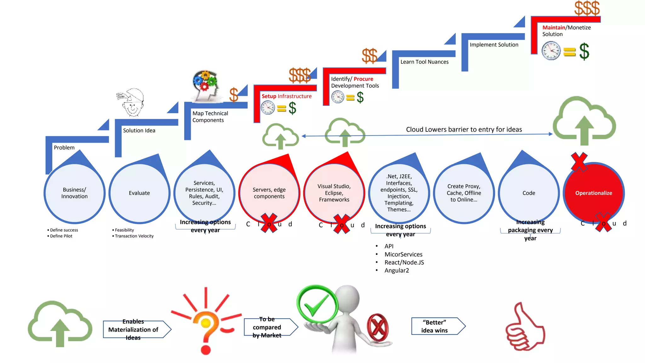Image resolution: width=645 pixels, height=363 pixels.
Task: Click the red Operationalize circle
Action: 594,193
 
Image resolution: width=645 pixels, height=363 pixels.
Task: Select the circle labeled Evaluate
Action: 139,193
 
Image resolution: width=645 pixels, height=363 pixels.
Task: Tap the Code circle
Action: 528,193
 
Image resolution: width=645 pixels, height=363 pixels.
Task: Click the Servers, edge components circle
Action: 269,193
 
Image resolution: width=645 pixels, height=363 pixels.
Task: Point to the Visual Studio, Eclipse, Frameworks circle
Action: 334,193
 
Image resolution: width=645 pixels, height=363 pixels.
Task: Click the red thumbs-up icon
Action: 524,328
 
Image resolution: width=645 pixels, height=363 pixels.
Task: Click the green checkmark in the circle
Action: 317,304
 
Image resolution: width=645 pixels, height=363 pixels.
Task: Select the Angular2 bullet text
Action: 397,270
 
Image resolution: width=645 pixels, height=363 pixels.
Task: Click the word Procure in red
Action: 363,79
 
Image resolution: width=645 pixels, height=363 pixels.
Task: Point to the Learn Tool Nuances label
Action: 424,62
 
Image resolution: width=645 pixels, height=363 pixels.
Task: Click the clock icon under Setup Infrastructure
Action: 268,108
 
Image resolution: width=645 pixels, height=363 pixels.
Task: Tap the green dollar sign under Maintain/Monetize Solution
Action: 584,51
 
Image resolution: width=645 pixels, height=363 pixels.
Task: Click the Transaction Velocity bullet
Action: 134,236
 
